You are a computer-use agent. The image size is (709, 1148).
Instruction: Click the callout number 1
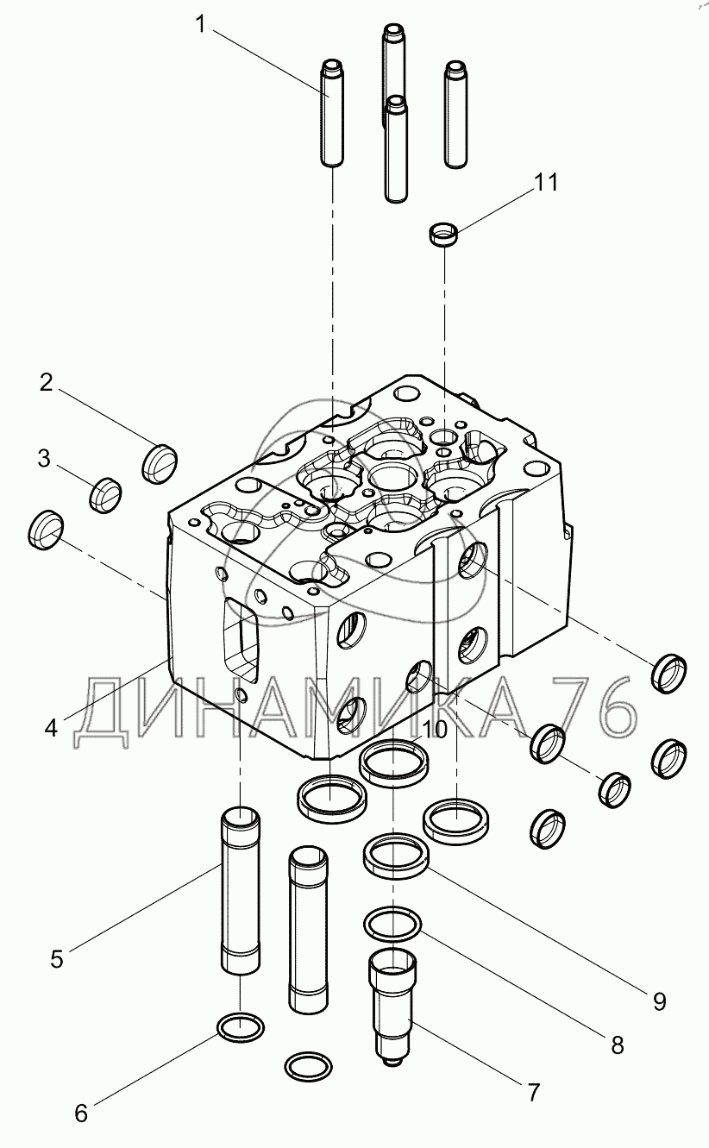pyautogui.click(x=202, y=24)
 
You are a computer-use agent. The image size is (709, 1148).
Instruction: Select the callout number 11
pyautogui.click(x=545, y=183)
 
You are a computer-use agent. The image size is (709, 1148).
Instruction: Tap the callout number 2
pyautogui.click(x=46, y=382)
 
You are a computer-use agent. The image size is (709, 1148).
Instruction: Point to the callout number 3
pyautogui.click(x=45, y=459)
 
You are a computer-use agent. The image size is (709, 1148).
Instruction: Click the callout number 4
pyautogui.click(x=51, y=728)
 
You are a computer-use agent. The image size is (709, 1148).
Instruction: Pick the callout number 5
pyautogui.click(x=56, y=958)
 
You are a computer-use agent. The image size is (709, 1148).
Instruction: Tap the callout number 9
pyautogui.click(x=659, y=1001)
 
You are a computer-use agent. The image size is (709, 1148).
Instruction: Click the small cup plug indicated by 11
pyautogui.click(x=443, y=235)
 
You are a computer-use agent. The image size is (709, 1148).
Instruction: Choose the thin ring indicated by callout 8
pyautogui.click(x=392, y=925)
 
